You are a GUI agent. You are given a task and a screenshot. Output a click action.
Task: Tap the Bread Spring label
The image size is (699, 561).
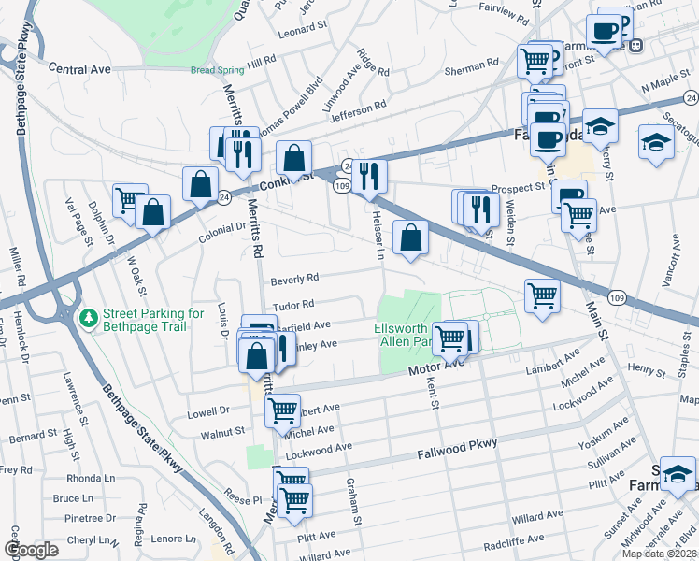pos(216,70)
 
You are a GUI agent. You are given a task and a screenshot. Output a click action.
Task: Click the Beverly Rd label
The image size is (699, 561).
pos(295,278)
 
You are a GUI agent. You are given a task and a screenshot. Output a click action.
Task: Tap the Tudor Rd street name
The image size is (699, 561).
pos(292,304)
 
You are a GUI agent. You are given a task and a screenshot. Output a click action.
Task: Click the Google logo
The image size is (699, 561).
pos(31,550)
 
